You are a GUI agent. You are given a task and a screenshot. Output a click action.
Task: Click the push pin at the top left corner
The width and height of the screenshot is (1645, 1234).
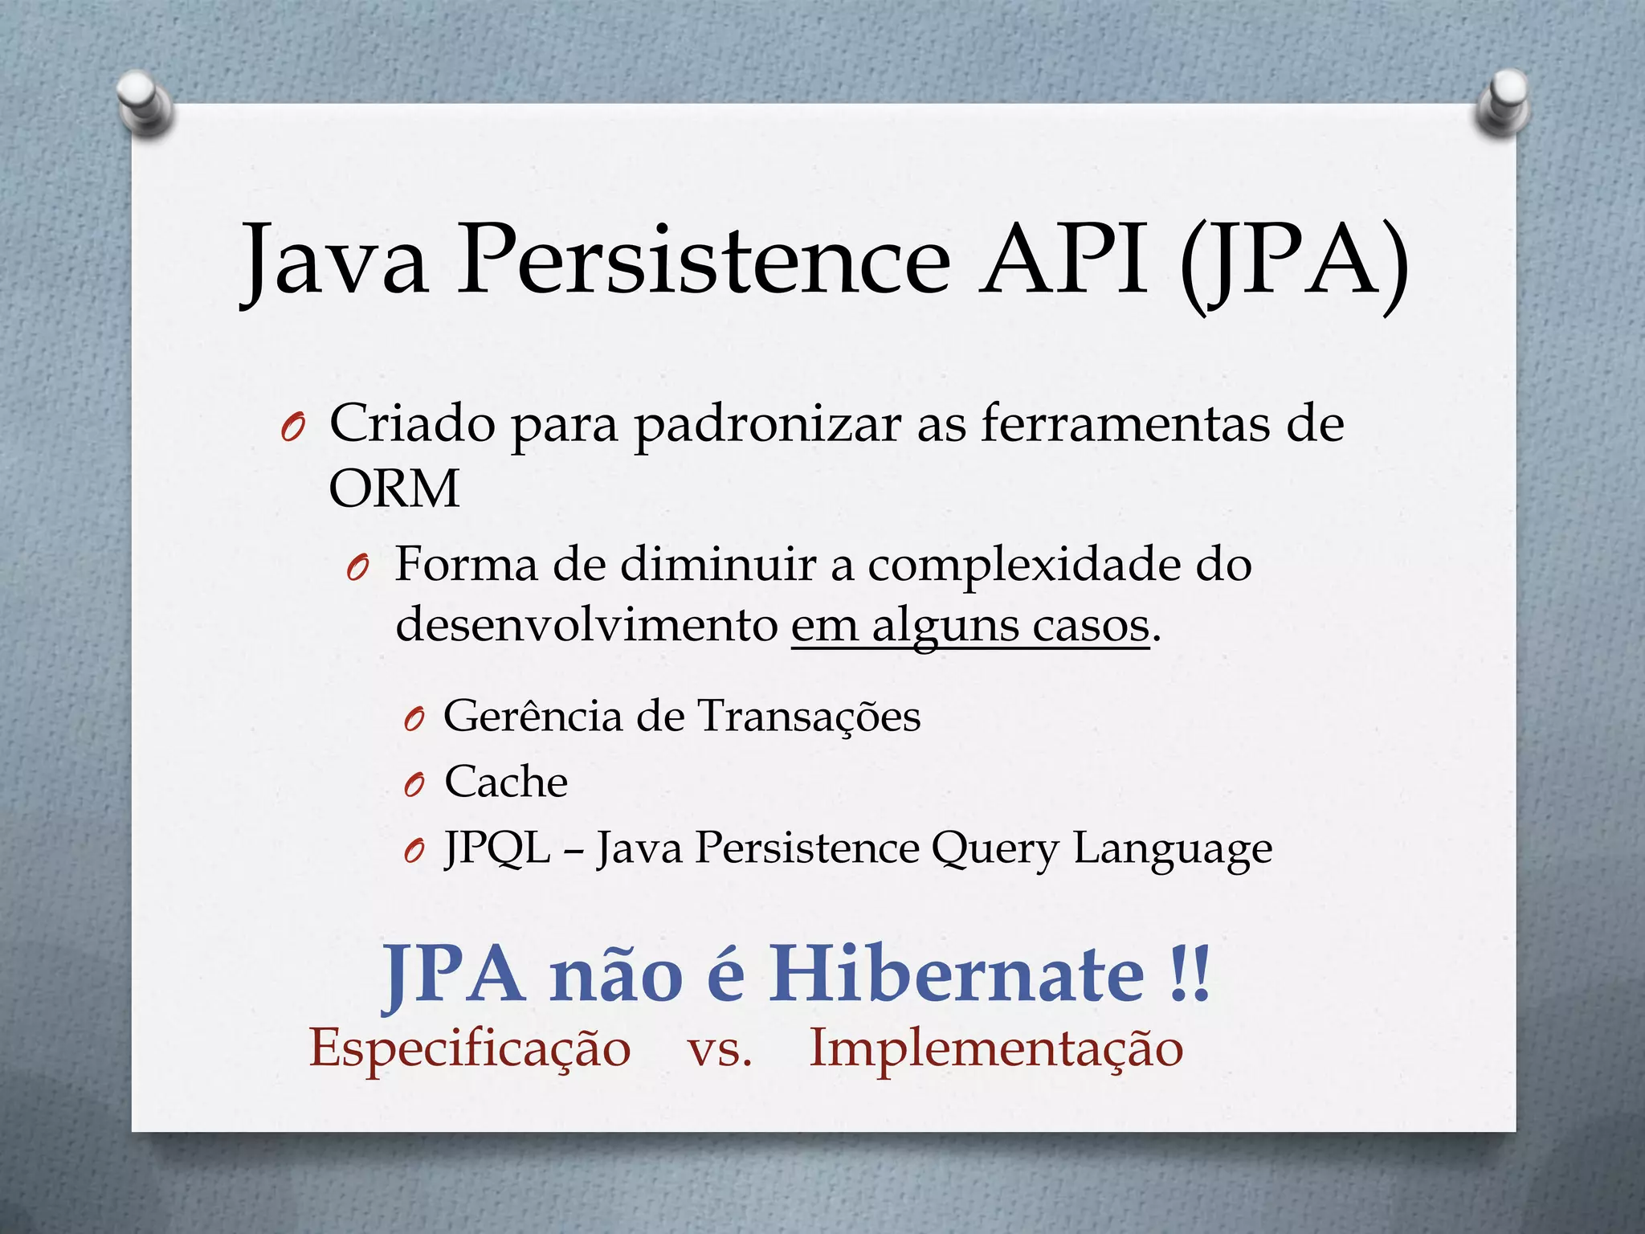point(145,104)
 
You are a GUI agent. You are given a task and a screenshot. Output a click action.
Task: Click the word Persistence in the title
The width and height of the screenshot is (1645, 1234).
point(704,262)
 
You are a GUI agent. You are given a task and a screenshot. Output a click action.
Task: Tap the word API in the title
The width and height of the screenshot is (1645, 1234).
point(1063,262)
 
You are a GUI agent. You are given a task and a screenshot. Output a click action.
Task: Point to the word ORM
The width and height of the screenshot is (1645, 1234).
point(394,488)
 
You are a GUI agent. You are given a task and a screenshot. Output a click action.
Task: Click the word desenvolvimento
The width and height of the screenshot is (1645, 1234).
point(586,624)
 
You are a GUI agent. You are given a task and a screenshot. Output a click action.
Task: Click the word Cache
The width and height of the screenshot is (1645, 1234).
point(506,782)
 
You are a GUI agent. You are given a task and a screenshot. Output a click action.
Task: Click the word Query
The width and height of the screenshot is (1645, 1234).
point(994,850)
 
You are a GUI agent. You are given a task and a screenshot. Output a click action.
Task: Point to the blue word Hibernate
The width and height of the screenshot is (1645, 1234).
point(956,974)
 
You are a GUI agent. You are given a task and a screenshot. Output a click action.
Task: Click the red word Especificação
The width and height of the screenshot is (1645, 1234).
point(470,1049)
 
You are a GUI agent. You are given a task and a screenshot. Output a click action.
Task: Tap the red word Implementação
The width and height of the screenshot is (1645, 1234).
point(996,1049)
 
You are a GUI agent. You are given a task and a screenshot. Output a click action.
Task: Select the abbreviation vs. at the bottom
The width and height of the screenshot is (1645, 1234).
point(720,1049)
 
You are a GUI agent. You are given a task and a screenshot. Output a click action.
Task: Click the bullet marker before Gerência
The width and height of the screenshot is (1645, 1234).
point(414,720)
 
